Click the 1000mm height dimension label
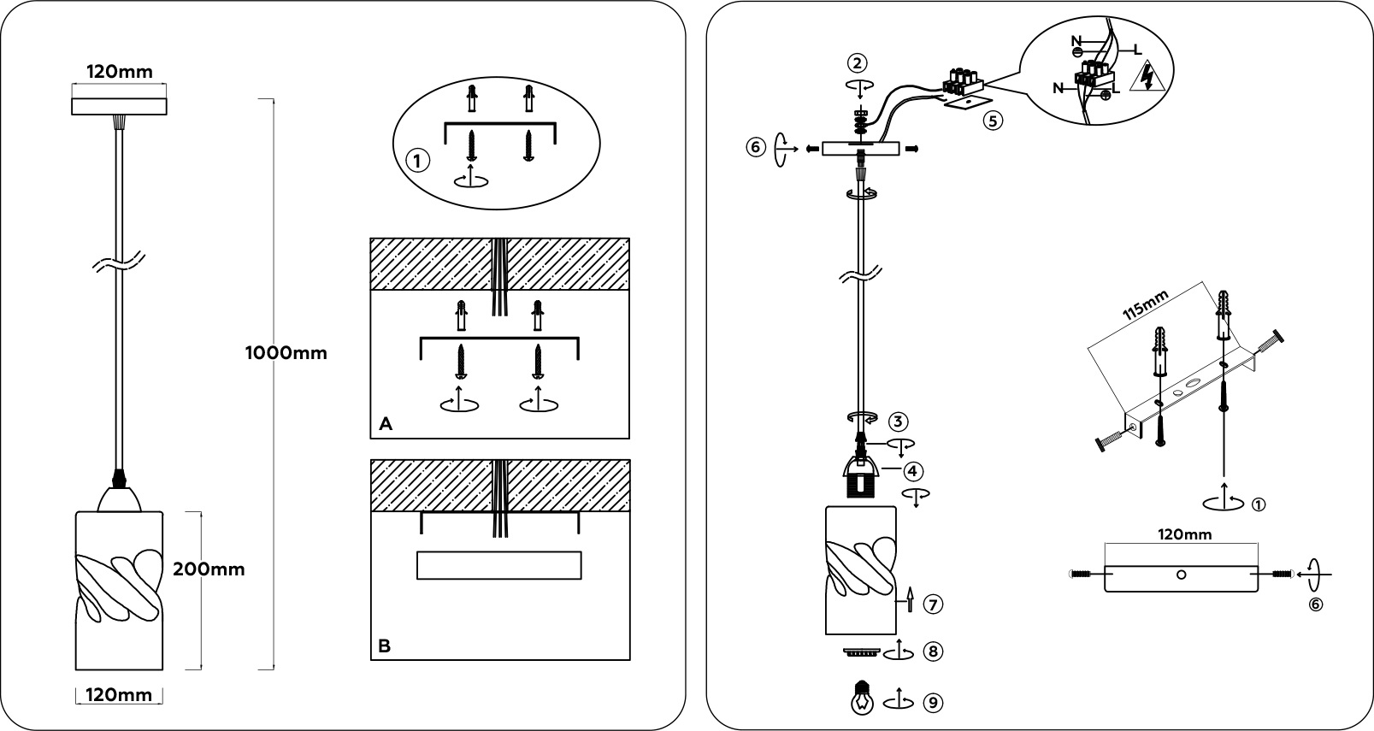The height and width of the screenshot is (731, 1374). (286, 352)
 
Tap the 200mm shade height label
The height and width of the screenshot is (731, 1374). (209, 569)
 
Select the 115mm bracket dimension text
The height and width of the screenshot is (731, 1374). (1145, 306)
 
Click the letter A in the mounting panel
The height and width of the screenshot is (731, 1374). (386, 424)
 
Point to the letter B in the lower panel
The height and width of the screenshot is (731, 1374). (385, 646)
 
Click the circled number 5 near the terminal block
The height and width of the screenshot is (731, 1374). (993, 121)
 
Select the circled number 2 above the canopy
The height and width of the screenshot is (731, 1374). (857, 63)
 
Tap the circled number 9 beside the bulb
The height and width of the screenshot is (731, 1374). (933, 702)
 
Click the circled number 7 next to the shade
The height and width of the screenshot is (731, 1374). (933, 604)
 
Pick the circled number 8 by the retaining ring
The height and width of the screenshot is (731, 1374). (933, 651)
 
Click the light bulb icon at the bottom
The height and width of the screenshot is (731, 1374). (863, 698)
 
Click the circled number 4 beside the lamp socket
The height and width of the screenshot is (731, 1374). (913, 471)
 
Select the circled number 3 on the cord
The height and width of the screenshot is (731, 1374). (898, 422)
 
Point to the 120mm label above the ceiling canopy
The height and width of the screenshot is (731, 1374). (120, 72)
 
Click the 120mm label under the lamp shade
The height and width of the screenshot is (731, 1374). (118, 695)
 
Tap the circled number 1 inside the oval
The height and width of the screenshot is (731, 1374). (418, 162)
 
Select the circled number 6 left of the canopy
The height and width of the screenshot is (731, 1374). (757, 147)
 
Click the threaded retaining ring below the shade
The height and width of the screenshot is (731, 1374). (862, 652)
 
